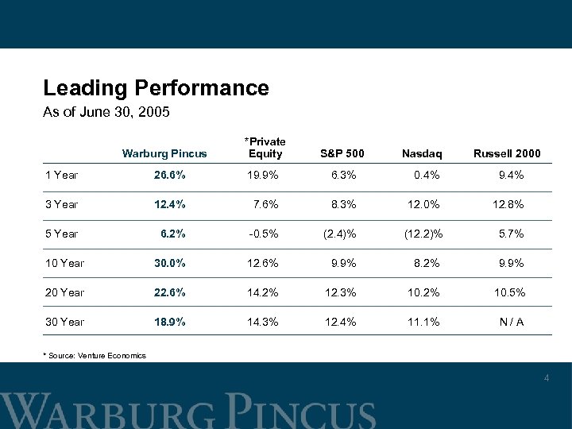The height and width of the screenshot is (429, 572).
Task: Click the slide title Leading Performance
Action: pos(156,87)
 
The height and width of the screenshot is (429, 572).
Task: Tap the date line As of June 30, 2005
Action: pos(106,113)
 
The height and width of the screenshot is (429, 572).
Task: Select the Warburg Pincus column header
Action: pos(164,153)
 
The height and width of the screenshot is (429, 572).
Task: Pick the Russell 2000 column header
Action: pos(505,153)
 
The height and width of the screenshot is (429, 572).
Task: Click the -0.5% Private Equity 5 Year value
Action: pos(261,234)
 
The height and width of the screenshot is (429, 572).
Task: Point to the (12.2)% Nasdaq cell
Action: pos(424,234)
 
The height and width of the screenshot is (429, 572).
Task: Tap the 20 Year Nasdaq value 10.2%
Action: pos(424,292)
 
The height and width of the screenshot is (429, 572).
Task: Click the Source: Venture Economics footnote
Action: pos(94,354)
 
